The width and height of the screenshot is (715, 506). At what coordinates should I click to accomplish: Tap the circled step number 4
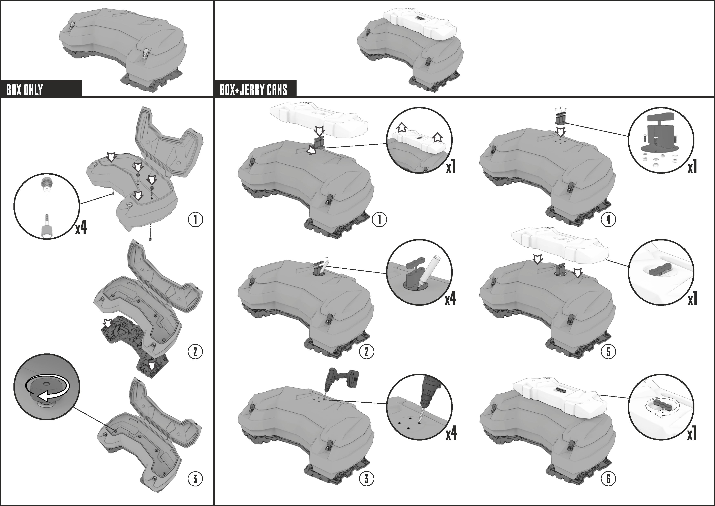tap(608, 220)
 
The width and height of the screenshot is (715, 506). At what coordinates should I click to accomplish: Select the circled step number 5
tap(608, 352)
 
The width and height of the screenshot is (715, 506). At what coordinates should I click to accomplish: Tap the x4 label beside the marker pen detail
tap(450, 298)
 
